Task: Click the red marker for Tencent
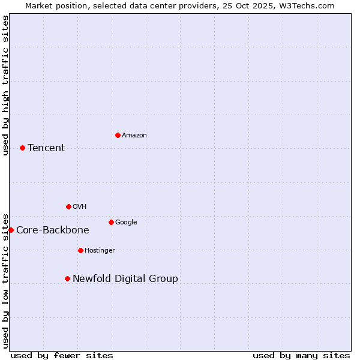22,148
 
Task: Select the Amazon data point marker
118,135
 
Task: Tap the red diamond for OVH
68,206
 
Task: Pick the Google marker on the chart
111,222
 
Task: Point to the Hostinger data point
80,250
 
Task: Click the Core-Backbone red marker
11,230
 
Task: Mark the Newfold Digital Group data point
67,278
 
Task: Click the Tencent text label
46,148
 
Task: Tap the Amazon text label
134,136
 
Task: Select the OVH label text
80,206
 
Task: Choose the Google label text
126,222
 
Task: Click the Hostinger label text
100,250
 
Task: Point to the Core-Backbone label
53,230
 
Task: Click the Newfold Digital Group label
125,278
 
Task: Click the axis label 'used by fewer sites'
62,355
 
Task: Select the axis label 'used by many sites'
301,355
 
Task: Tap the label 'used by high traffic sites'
5,85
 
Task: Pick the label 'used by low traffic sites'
5,281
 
